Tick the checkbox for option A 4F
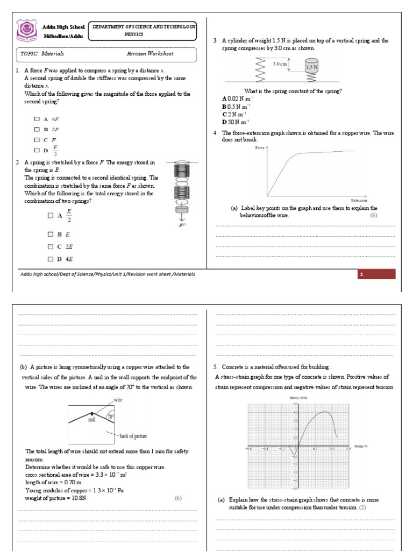(x=37, y=118)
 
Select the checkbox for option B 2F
(x=37, y=129)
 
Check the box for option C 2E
(x=51, y=246)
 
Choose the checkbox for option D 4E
(x=51, y=259)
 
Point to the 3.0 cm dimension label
(x=280, y=64)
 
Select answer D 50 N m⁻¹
(x=236, y=122)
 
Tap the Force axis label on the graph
(x=261, y=147)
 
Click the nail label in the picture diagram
(x=92, y=420)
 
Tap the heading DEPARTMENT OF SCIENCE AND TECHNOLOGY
(x=144, y=26)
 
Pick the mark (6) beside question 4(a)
(x=373, y=215)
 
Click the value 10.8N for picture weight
(x=79, y=498)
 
